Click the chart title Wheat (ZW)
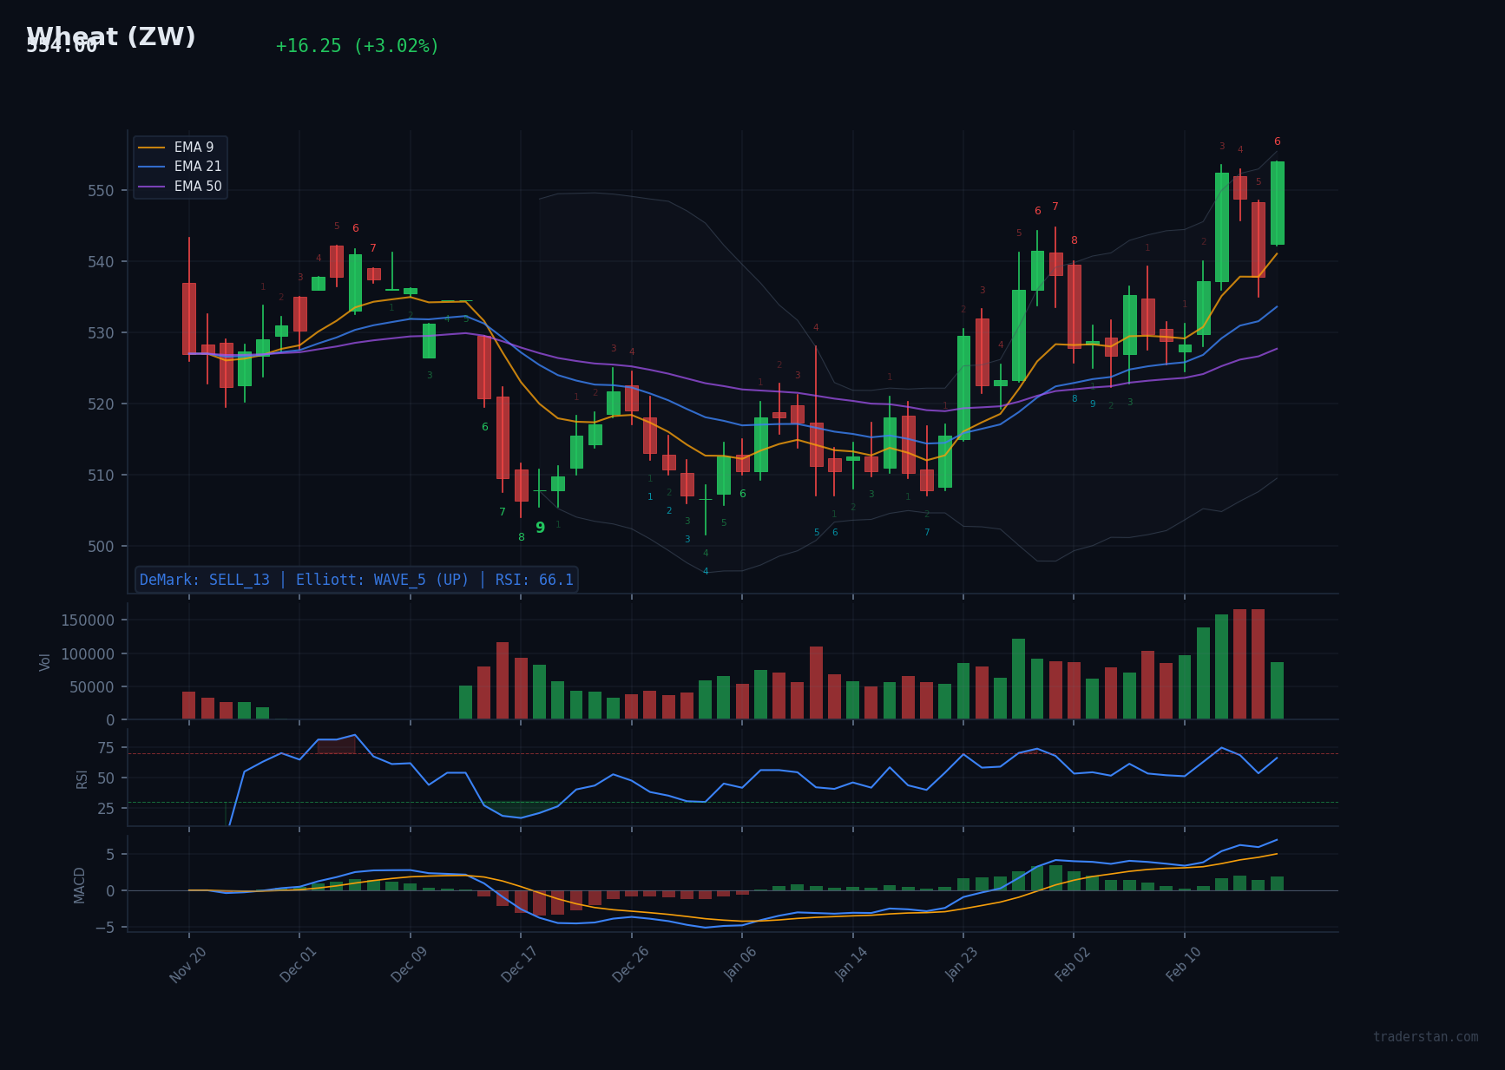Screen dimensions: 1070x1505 [111, 37]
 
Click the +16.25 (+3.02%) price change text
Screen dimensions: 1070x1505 [357, 46]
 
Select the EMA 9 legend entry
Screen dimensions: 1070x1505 [194, 148]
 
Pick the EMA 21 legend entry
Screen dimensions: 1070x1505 [197, 167]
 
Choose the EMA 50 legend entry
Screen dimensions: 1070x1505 [197, 187]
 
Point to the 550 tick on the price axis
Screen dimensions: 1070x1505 [100, 191]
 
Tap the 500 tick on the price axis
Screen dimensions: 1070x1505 [100, 547]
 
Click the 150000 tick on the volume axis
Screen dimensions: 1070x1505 [87, 620]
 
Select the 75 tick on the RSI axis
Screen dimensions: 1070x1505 [106, 748]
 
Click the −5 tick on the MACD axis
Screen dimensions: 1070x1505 [104, 928]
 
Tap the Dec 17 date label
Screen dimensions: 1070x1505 [519, 964]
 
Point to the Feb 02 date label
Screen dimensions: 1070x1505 [1072, 964]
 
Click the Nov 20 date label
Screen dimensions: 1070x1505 [187, 964]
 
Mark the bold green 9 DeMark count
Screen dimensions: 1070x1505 [540, 528]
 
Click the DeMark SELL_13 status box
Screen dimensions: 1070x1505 [356, 580]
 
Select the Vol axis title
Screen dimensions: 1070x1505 [45, 661]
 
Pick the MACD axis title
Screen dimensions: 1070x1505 [80, 884]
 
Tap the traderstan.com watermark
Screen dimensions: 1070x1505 [1425, 1037]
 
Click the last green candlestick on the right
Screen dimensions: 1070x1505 [1277, 203]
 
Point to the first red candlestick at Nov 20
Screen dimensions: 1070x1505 [189, 318]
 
